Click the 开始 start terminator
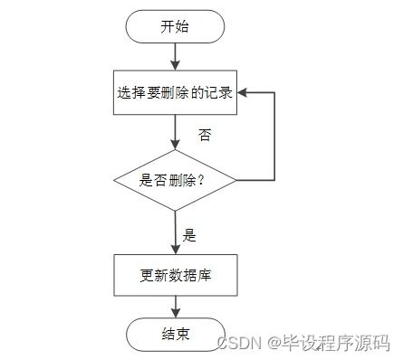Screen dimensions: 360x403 pos(175,26)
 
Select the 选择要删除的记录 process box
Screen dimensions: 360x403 pos(175,93)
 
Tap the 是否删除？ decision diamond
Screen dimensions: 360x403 pos(175,180)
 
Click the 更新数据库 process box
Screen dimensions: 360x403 pos(175,275)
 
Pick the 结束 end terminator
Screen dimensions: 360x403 pos(175,333)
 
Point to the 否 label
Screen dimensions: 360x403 pos(205,135)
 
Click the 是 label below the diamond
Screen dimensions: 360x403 pos(189,235)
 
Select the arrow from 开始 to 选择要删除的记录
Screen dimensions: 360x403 pos(175,56)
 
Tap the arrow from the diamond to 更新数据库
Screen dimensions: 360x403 pos(175,231)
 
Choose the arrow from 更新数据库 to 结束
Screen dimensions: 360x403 pos(175,306)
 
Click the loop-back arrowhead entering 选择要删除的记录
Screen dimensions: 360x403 pos(244,93)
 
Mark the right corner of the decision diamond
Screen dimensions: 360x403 pos(236,180)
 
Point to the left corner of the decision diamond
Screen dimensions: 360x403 pos(115,180)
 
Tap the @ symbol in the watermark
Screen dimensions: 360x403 pos(275,344)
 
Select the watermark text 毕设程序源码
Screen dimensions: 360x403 pos(337,344)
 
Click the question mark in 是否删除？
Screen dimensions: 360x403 pos(201,180)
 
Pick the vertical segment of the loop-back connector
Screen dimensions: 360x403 pos(274,136)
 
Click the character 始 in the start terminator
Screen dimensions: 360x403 pos(182,26)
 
